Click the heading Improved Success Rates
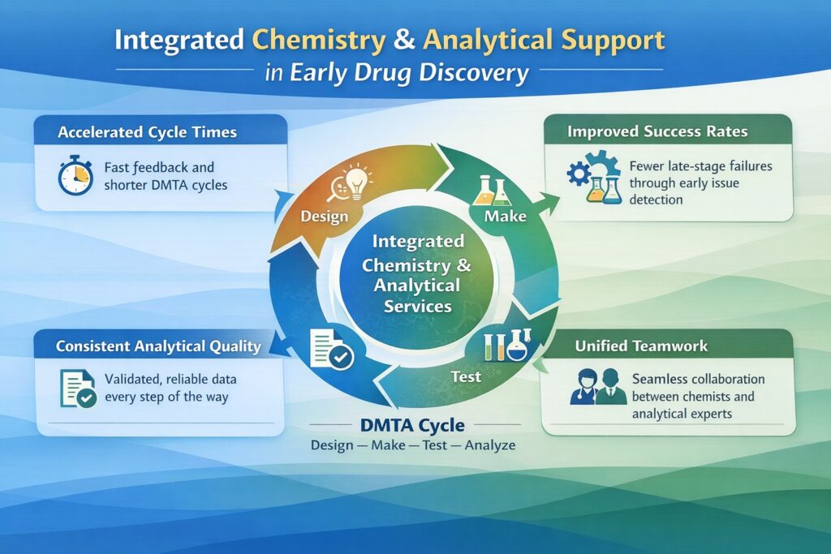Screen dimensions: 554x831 click(x=657, y=131)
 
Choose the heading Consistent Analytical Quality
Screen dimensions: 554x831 click(x=158, y=346)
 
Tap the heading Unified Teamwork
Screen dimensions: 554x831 click(x=641, y=346)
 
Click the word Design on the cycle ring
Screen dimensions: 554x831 click(x=324, y=217)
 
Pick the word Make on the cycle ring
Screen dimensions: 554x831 click(x=505, y=217)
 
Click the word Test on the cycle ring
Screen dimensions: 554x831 click(x=465, y=376)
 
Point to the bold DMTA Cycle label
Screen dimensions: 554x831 click(x=411, y=426)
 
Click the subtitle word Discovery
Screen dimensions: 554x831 click(x=482, y=73)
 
